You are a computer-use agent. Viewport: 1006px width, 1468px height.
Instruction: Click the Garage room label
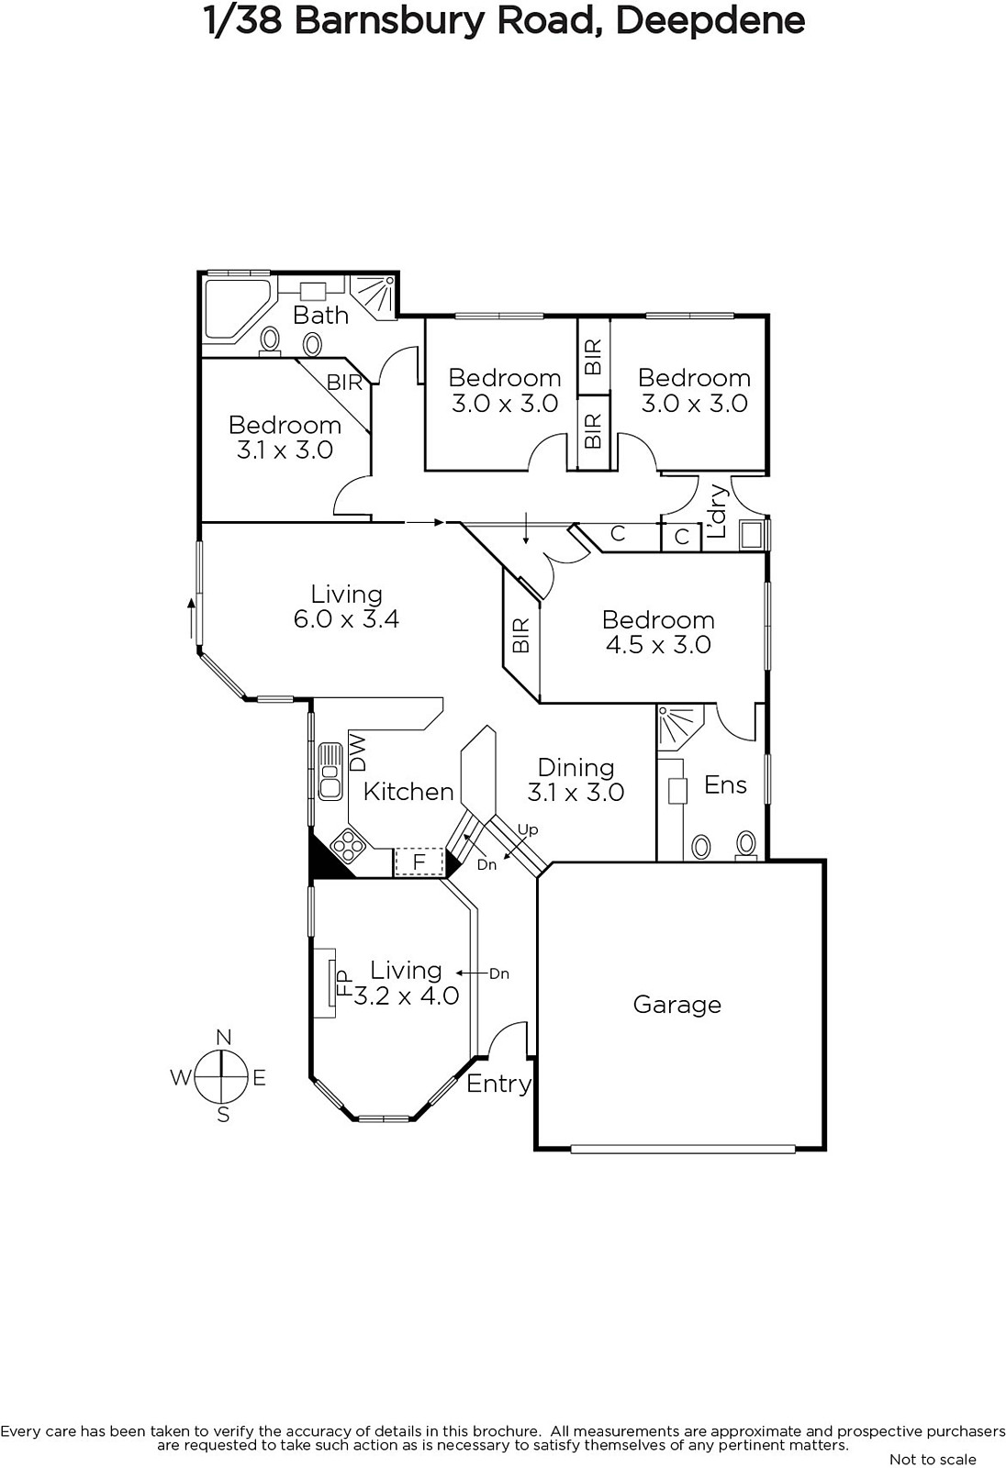[676, 1005]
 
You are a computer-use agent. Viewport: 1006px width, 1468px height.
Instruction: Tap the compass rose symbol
[222, 1077]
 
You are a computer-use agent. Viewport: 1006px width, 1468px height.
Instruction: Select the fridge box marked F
[419, 862]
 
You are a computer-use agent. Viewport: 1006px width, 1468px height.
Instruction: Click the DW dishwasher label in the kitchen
[358, 752]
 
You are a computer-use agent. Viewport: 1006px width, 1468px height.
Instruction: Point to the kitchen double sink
[330, 772]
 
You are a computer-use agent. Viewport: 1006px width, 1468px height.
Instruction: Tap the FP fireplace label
[344, 983]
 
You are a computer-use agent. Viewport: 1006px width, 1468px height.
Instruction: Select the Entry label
[498, 1084]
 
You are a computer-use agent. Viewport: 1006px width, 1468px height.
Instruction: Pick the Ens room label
[725, 784]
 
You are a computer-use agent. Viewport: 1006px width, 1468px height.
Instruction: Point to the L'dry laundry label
[718, 510]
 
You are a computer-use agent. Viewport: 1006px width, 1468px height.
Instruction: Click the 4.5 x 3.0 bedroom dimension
[658, 645]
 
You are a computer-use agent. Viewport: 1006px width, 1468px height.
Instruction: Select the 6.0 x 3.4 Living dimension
[346, 619]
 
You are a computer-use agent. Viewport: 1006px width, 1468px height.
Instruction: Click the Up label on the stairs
[528, 830]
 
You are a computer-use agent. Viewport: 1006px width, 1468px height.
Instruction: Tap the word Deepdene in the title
[710, 22]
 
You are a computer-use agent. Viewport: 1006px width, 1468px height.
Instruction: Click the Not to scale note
[933, 1459]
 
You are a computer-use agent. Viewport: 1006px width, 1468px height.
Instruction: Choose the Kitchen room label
[408, 792]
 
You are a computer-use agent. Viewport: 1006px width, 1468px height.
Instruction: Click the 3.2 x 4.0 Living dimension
[407, 996]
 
